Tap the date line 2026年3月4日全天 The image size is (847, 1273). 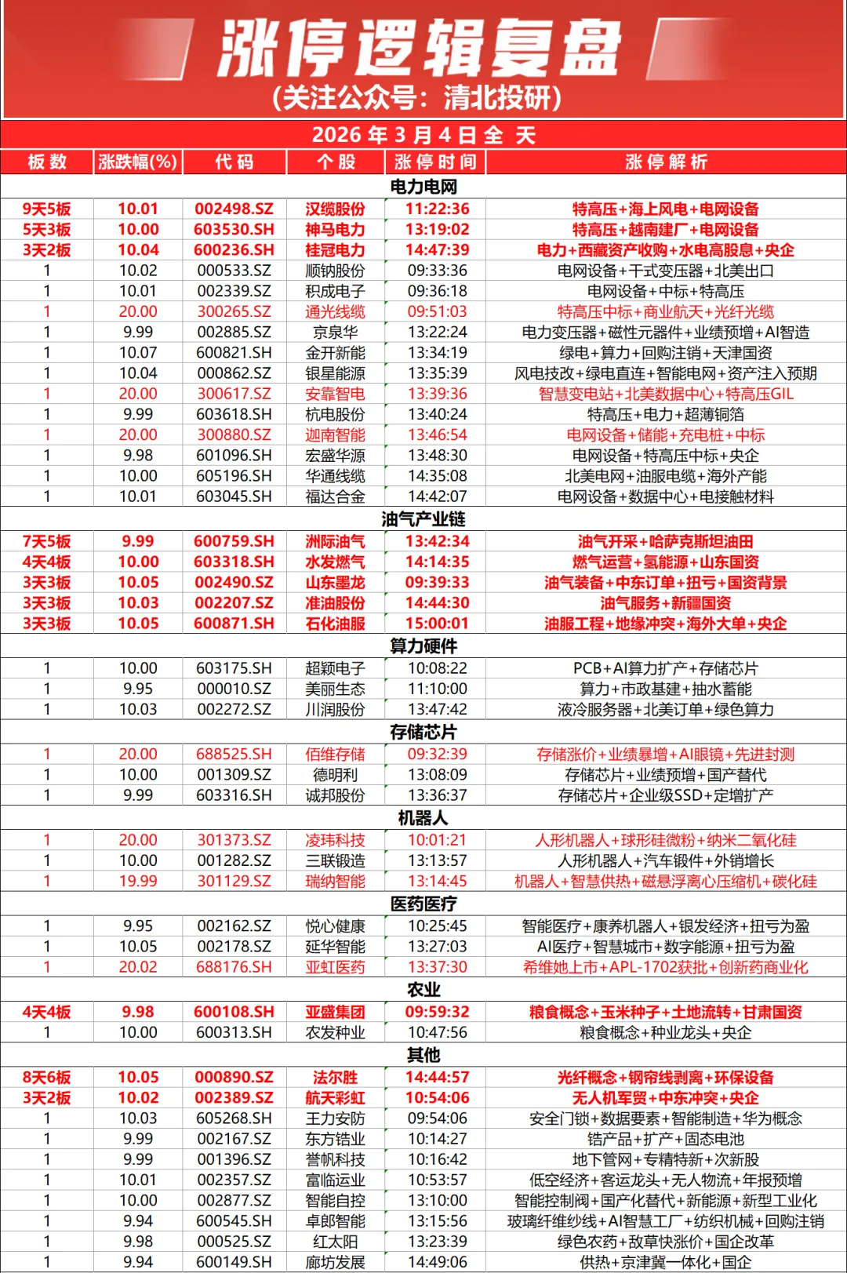423,135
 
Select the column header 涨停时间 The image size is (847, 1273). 435,162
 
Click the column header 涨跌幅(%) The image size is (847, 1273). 137,162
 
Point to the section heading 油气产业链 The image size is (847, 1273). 423,519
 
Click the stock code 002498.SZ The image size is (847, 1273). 234,209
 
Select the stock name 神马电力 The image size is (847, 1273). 335,230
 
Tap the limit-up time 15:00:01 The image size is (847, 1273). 437,624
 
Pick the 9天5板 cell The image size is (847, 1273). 46,209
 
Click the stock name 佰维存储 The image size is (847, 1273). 335,755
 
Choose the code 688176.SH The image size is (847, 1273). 234,967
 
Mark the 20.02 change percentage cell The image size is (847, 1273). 138,967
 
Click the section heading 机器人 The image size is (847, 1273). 423,818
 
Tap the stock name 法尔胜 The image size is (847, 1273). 335,1078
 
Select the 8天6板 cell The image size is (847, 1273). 46,1078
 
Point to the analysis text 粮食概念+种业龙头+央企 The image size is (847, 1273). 665,1033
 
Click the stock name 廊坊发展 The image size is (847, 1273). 335,1262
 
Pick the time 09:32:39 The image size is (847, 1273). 437,755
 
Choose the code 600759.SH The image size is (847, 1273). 234,541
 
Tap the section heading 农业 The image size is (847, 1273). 423,990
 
